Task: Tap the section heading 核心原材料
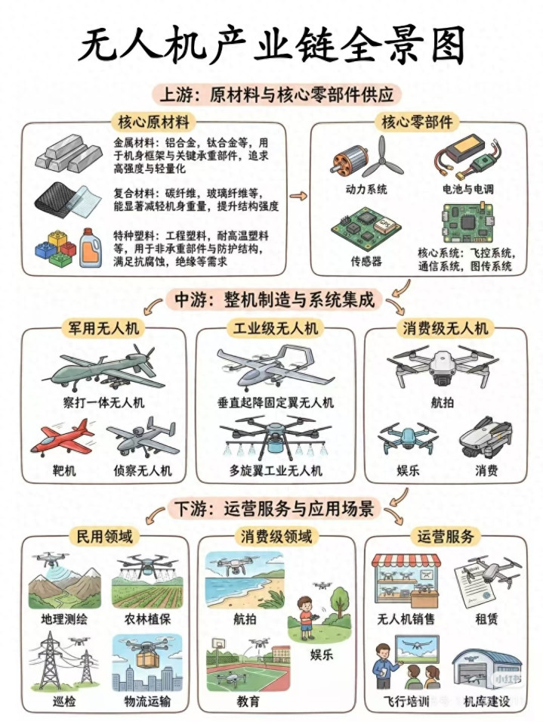153,122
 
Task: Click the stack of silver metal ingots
69,151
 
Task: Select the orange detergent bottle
90,248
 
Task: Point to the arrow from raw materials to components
298,196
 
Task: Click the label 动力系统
366,189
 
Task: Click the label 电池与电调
468,189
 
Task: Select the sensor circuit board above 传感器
366,229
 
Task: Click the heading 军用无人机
103,328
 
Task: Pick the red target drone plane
62,437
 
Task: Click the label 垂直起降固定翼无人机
276,402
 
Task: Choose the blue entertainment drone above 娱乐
407,438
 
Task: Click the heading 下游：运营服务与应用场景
275,509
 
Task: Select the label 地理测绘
64,618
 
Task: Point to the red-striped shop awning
406,561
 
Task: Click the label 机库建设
486,702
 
